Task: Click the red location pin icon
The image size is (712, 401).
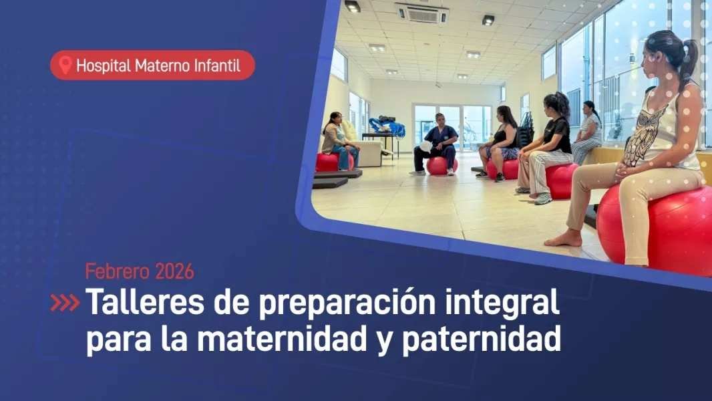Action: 65,65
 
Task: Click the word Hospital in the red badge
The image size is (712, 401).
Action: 104,66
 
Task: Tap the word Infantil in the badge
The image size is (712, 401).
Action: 217,65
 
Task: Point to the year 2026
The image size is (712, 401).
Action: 174,271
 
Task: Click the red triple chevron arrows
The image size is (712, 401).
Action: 65,303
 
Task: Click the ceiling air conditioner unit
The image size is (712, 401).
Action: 421,13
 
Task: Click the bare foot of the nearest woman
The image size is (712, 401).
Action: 563,239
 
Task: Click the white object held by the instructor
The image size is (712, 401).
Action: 426,146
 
